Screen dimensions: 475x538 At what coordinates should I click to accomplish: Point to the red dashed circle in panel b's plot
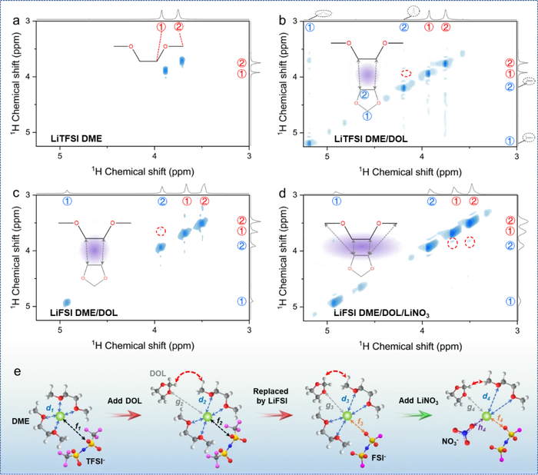tap(407, 73)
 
